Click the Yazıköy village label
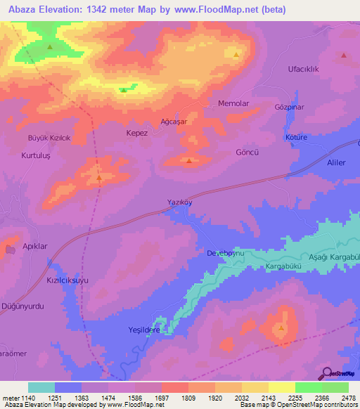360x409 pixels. (179, 202)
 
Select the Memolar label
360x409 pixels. (234, 103)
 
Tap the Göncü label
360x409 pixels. (247, 152)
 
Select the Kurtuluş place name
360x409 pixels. (37, 155)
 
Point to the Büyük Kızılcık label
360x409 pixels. (49, 138)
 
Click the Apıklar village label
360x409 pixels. (34, 247)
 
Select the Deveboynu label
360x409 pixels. (224, 252)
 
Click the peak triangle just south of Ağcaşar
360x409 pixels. (190, 161)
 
